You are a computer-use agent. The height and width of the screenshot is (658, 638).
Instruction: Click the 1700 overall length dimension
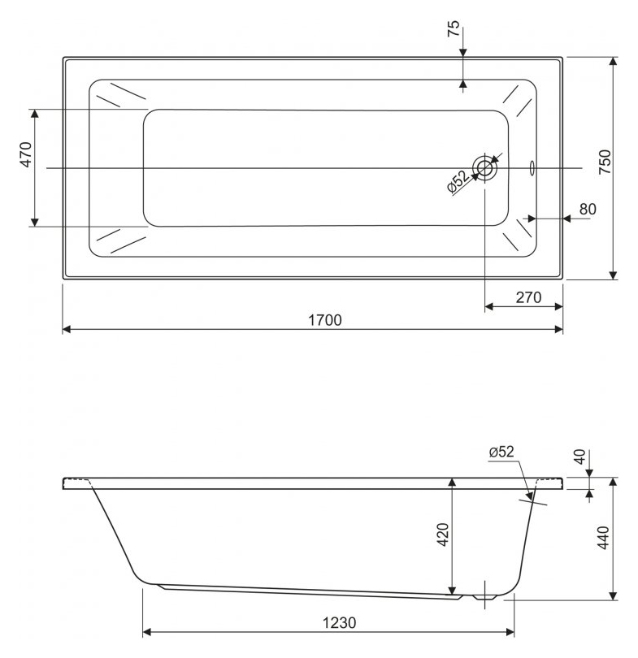point(325,321)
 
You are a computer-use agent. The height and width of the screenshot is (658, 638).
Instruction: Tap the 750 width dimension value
point(605,162)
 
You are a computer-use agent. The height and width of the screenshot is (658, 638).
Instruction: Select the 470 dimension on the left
point(26,155)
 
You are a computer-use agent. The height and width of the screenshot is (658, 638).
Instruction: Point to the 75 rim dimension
point(454,28)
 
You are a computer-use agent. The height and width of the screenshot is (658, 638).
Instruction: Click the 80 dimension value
point(588,209)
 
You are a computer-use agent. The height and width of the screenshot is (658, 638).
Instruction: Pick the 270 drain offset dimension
point(528,297)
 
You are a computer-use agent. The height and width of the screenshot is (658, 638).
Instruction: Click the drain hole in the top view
point(484,168)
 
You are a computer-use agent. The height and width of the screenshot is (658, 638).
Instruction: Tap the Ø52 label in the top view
point(458,181)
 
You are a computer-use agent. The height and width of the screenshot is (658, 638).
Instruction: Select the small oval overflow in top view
point(532,168)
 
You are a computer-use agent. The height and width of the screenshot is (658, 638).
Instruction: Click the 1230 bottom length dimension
point(339,623)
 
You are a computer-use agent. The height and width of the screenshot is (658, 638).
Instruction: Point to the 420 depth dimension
point(443,535)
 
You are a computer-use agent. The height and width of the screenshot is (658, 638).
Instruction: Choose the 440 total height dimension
point(603,537)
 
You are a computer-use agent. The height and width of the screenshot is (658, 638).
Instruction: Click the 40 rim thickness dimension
point(579,457)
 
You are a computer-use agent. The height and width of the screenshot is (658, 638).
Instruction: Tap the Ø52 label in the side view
point(501,451)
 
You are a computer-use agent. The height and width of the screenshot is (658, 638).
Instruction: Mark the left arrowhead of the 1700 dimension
point(67,330)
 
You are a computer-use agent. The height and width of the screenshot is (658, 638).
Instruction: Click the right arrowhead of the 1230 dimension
point(510,632)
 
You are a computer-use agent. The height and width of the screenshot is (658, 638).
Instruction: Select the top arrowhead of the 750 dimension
point(614,61)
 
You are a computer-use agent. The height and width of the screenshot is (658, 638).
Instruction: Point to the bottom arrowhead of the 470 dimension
point(35,222)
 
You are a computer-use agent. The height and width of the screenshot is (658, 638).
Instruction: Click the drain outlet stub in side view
point(484,596)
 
